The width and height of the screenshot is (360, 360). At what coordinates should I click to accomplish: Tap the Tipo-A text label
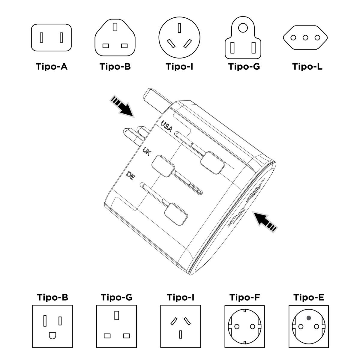(x=52, y=66)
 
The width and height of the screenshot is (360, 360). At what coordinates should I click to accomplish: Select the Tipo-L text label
(x=307, y=66)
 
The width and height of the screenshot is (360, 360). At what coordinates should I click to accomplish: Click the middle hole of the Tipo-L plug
(x=305, y=38)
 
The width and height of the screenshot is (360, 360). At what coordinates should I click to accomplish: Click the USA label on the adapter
(x=166, y=126)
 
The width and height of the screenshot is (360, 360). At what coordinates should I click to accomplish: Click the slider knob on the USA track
(x=212, y=162)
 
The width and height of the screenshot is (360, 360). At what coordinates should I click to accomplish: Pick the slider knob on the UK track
(x=163, y=165)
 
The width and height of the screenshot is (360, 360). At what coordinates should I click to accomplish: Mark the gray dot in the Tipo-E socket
(x=308, y=318)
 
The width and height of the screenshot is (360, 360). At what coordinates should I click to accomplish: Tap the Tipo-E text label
(x=308, y=297)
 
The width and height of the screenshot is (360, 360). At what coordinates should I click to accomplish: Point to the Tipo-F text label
(x=244, y=297)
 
